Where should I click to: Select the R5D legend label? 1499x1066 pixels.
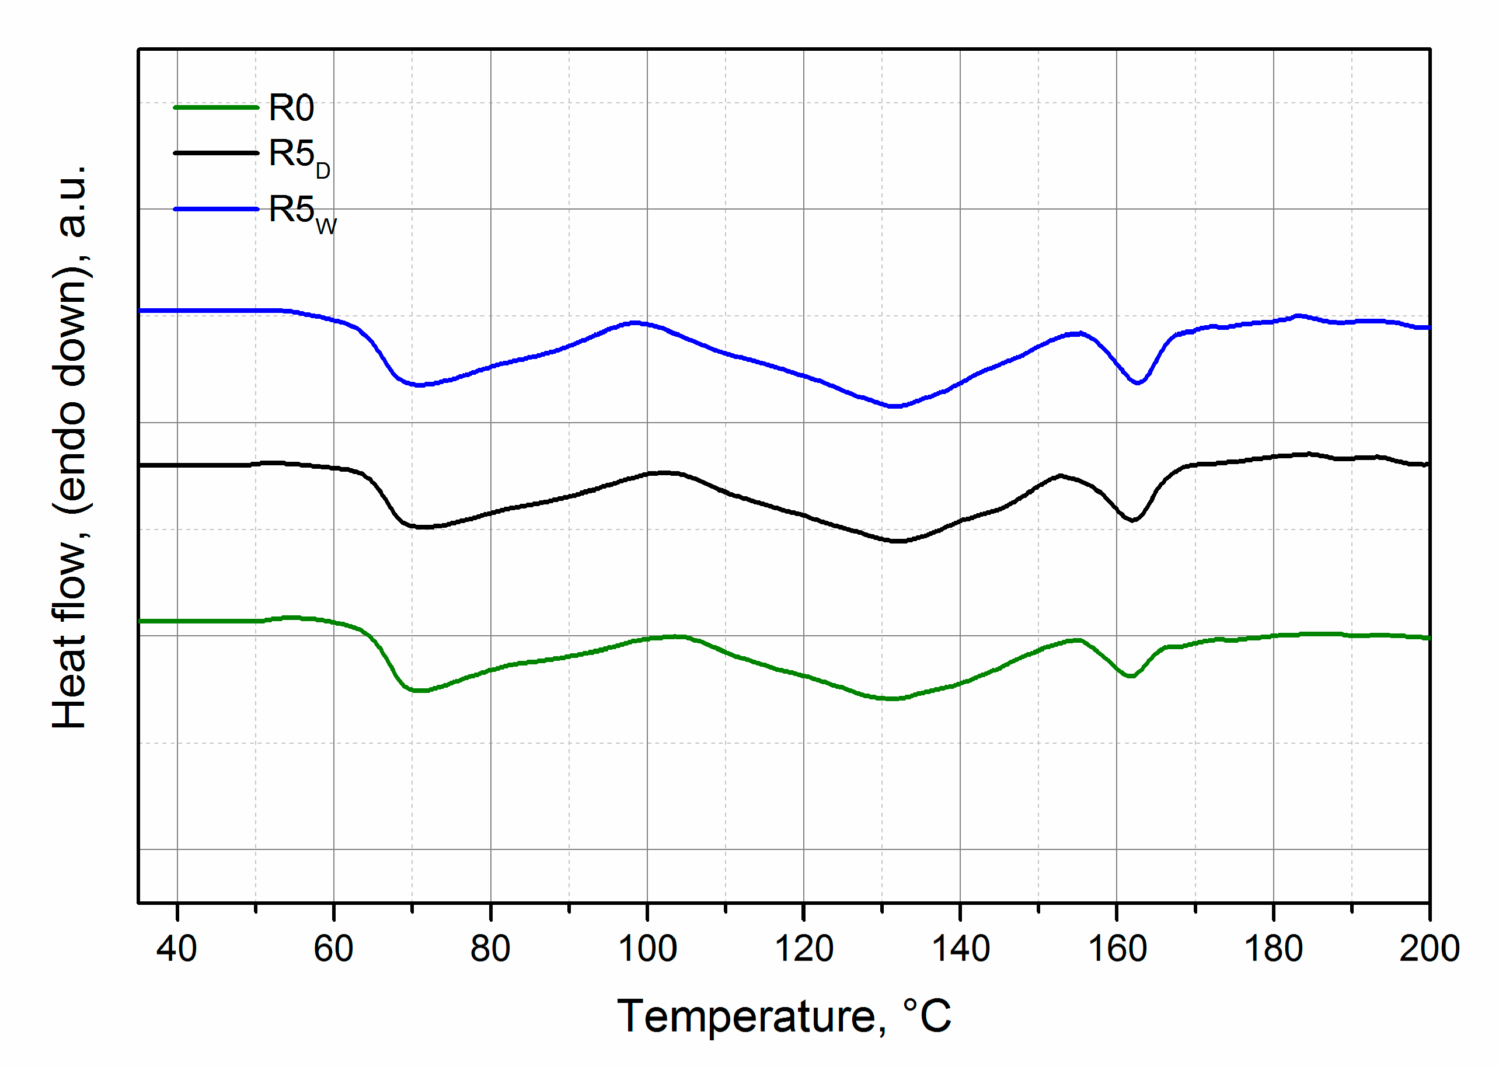[x=299, y=156]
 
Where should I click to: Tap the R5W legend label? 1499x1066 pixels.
[x=301, y=212]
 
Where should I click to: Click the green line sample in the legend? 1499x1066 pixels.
[x=216, y=107]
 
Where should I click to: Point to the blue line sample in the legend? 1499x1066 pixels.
[x=216, y=210]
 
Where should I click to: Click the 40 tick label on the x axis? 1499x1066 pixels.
[x=176, y=949]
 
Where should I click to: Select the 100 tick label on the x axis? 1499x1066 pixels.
[x=647, y=949]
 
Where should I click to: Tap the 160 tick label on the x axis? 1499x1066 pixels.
[x=1117, y=949]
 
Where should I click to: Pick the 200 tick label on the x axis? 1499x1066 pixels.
[x=1429, y=949]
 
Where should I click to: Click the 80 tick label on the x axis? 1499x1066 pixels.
[x=490, y=949]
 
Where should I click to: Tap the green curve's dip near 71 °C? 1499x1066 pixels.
[x=419, y=691]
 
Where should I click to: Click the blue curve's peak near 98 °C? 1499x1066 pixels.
[x=634, y=322]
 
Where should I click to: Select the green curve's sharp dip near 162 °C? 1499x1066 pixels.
[x=1130, y=676]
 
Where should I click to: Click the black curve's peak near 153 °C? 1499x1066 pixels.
[x=1060, y=475]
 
